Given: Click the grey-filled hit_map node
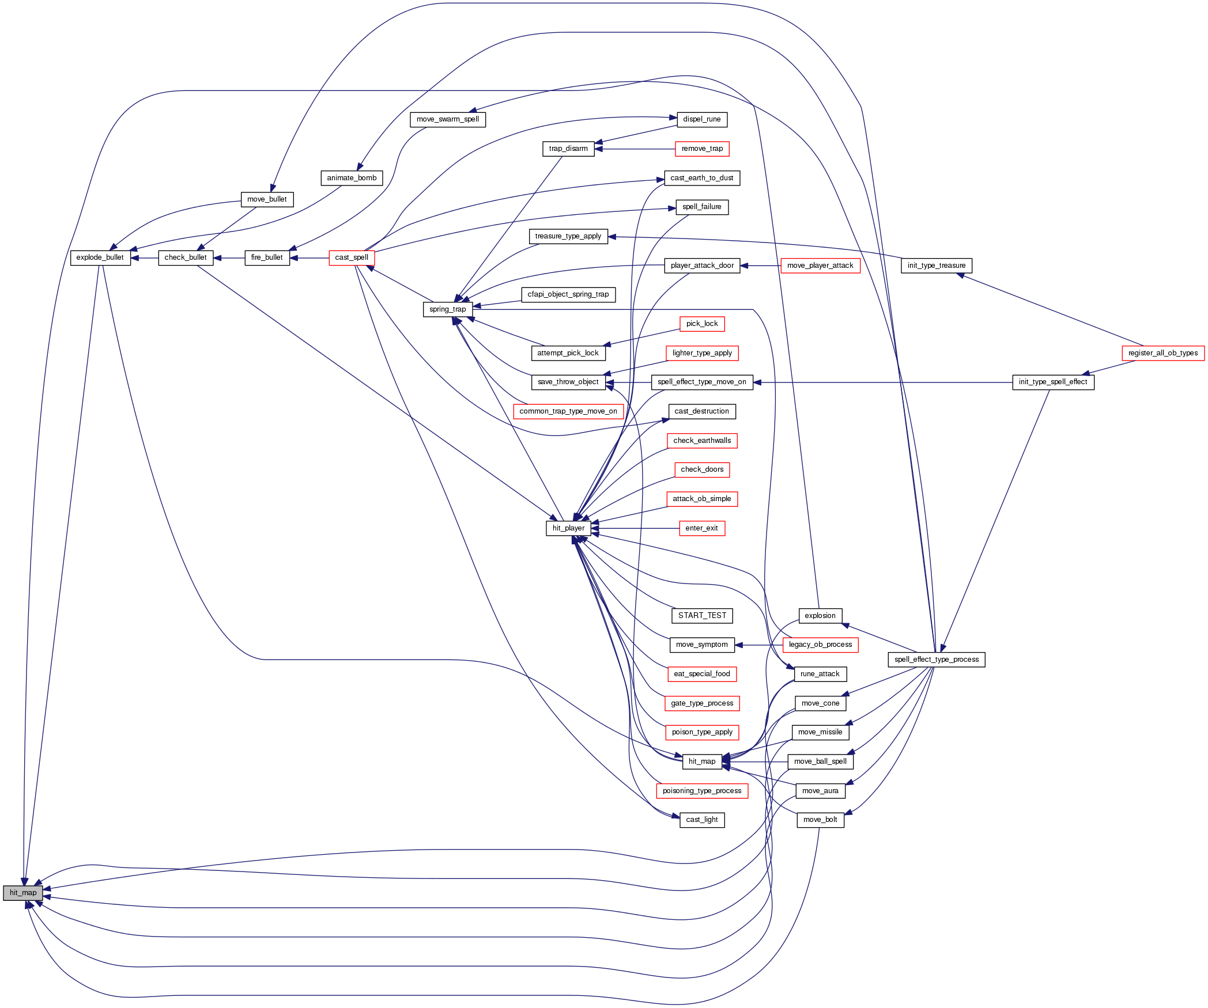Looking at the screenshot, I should click(x=23, y=893).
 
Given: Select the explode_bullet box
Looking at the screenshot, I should click(x=100, y=257).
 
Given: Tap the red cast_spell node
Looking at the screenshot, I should click(x=352, y=257).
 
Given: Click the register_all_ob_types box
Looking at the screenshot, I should click(x=1162, y=353).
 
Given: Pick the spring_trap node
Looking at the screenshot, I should click(x=447, y=309).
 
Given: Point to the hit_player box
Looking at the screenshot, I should click(x=568, y=528).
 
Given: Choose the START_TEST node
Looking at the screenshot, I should click(x=702, y=616).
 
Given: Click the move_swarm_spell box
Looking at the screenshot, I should click(x=448, y=119).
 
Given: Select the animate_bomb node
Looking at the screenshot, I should click(x=352, y=178).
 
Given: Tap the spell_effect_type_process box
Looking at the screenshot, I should click(x=937, y=660).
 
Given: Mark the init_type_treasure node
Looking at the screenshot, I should click(x=937, y=266).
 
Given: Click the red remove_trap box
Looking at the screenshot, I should click(x=702, y=149).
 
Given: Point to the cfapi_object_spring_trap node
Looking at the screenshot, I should click(x=568, y=294).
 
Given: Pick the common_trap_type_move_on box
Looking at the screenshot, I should click(x=568, y=411).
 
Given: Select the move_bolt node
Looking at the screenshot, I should click(x=820, y=820).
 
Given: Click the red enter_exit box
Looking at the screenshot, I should click(x=702, y=528).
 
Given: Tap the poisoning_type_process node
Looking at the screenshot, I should click(x=702, y=791).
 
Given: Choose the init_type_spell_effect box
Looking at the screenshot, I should click(x=1053, y=382).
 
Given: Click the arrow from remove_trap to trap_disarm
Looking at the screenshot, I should click(x=634, y=149).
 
